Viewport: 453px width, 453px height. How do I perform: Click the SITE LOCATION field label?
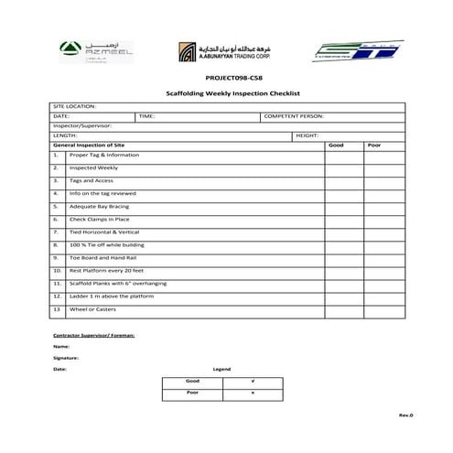(x=74, y=107)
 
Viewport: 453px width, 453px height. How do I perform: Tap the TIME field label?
(x=148, y=116)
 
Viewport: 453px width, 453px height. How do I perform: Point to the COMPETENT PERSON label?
(x=294, y=116)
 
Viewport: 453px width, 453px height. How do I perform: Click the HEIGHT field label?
(x=307, y=135)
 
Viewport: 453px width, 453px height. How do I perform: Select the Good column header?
(x=336, y=145)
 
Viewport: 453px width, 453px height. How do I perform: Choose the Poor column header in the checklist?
(x=374, y=145)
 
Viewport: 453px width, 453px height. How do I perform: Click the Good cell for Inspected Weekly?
(x=336, y=168)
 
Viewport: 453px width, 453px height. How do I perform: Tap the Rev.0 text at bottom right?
(x=405, y=415)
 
